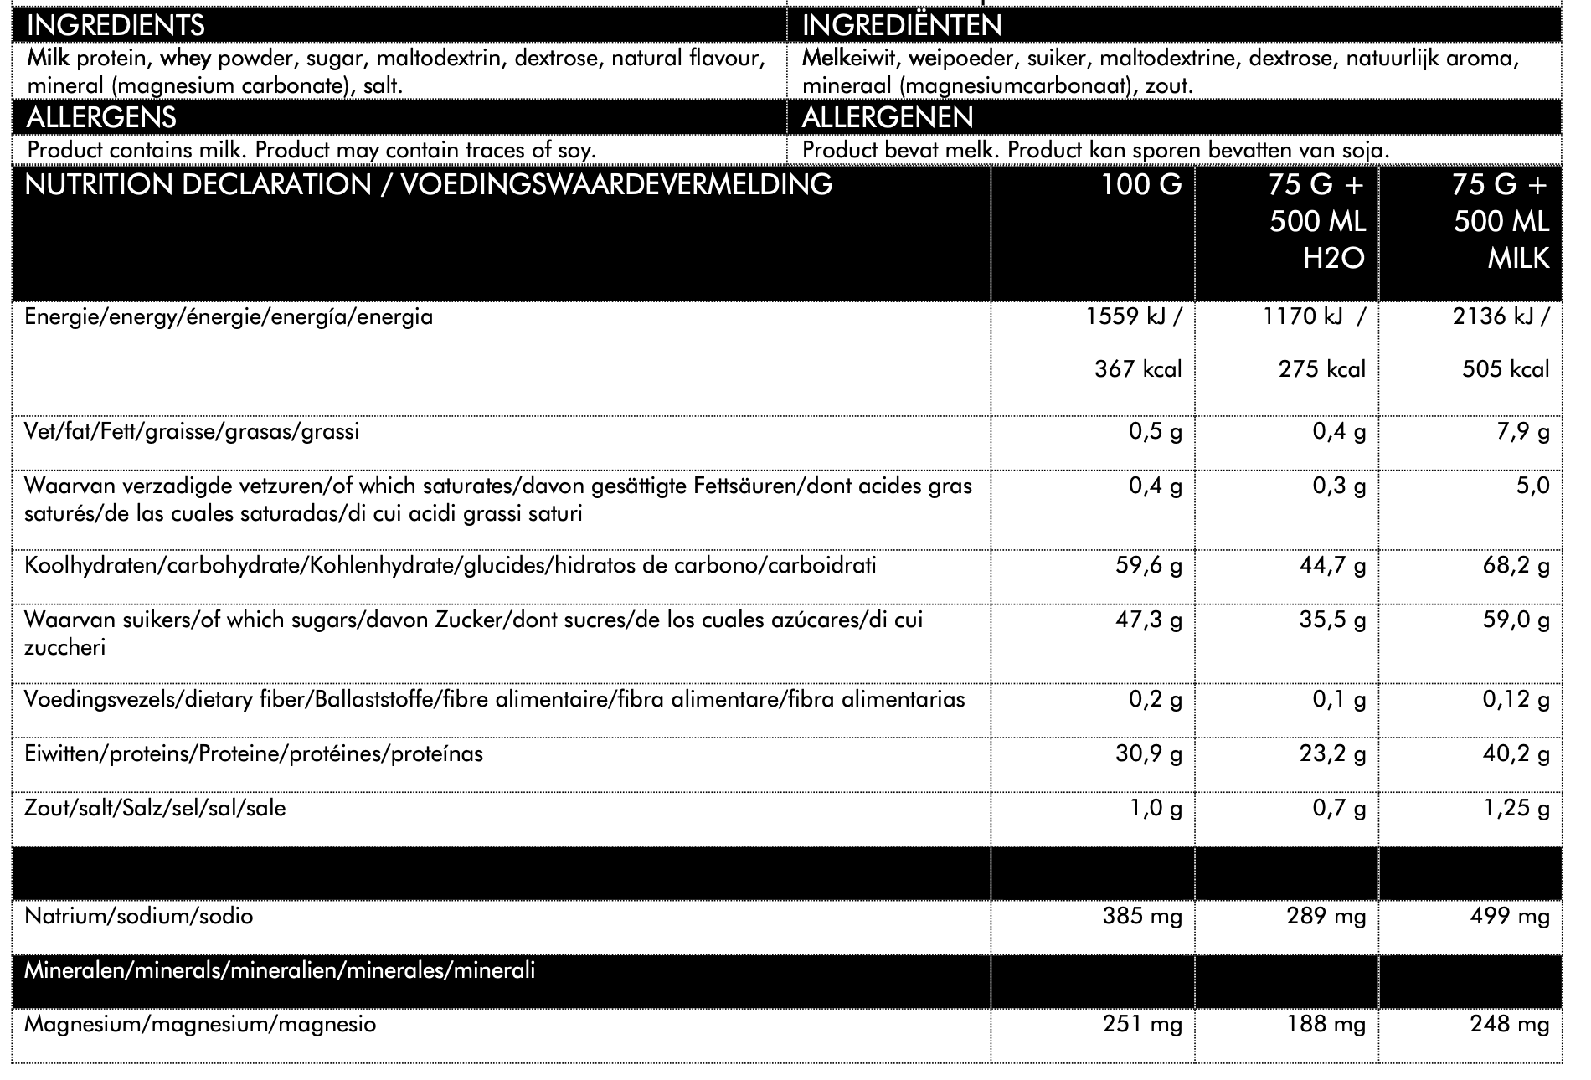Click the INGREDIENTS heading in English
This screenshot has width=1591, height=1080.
[116, 25]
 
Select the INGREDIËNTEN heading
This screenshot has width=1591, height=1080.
[902, 25]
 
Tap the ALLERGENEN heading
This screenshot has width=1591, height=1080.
[888, 116]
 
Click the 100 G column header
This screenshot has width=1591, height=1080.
[1141, 184]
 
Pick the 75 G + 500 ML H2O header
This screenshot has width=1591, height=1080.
[1317, 221]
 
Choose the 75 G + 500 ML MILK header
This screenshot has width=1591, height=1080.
[1501, 221]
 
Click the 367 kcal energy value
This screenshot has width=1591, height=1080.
[1138, 369]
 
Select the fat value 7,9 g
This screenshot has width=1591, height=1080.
[1522, 432]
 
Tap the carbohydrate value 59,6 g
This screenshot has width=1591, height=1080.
[1149, 566]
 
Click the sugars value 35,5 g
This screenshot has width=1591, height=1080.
[1332, 620]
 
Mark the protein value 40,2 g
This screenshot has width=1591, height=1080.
[1516, 754]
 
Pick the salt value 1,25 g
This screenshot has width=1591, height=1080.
[1516, 809]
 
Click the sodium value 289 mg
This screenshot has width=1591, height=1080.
[1326, 916]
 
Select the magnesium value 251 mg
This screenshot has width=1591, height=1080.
[1142, 1024]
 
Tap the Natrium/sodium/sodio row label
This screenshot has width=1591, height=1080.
[139, 916]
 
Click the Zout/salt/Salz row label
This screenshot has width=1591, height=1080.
[155, 809]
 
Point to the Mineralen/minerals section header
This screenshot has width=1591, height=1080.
[280, 971]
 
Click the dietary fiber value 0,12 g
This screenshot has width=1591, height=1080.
[1516, 700]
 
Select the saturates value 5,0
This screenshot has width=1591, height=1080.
[1532, 486]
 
